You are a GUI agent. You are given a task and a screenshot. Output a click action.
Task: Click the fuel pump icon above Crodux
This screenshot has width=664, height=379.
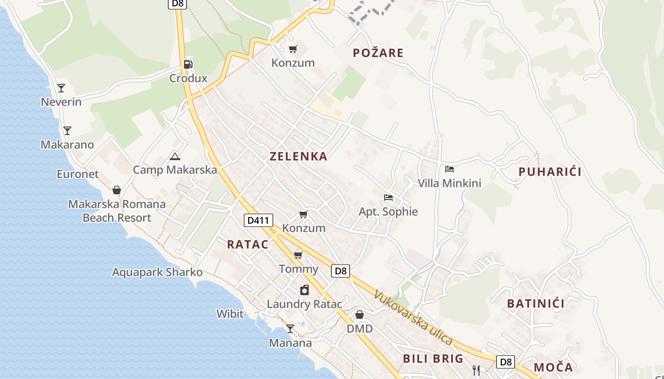188,64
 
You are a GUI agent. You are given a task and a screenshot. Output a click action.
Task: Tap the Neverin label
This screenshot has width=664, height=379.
61,102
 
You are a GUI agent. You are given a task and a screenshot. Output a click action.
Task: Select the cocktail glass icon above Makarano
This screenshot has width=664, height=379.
67,130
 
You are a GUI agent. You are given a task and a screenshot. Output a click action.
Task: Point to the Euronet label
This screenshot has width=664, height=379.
78,174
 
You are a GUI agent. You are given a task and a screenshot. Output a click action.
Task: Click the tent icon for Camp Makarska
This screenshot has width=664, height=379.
175,156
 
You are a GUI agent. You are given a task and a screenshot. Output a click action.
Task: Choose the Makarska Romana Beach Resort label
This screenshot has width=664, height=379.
117,211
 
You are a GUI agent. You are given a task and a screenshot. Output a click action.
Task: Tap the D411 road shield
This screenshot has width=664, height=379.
258,220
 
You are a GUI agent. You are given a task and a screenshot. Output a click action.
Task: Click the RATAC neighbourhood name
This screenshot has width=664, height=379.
248,244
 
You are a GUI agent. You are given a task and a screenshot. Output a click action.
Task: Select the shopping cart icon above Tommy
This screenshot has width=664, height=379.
298,255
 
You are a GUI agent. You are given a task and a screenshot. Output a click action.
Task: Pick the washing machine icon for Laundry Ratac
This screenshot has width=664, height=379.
304,290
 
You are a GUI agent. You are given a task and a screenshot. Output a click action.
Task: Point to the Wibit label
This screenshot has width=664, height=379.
230,314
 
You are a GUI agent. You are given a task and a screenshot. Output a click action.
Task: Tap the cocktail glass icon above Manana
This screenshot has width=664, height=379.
290,328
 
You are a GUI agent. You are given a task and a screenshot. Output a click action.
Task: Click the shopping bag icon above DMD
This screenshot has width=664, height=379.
360,315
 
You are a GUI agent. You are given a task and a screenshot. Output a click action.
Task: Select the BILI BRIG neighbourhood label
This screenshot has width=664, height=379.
433,358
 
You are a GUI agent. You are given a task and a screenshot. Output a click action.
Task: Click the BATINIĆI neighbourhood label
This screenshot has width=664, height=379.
536,303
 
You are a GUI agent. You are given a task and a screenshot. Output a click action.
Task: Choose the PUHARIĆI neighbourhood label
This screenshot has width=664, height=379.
550,171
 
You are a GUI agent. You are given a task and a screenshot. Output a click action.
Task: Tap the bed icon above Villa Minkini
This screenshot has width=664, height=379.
450,169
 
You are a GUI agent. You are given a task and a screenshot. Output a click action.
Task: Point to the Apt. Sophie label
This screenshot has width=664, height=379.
388,211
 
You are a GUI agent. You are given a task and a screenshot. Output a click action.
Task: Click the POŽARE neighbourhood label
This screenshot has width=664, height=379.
378,53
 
